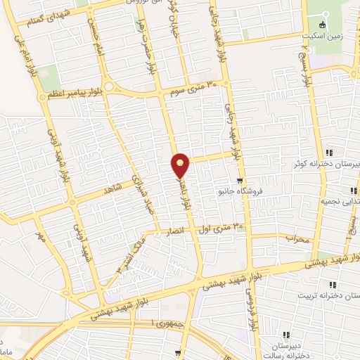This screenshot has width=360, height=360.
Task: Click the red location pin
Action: tap(181, 165)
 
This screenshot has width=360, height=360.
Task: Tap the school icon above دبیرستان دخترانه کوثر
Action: tap(329, 153)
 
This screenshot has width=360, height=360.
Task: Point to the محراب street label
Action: tap(297, 239)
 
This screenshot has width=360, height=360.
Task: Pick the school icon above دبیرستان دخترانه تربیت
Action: tap(333, 285)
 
